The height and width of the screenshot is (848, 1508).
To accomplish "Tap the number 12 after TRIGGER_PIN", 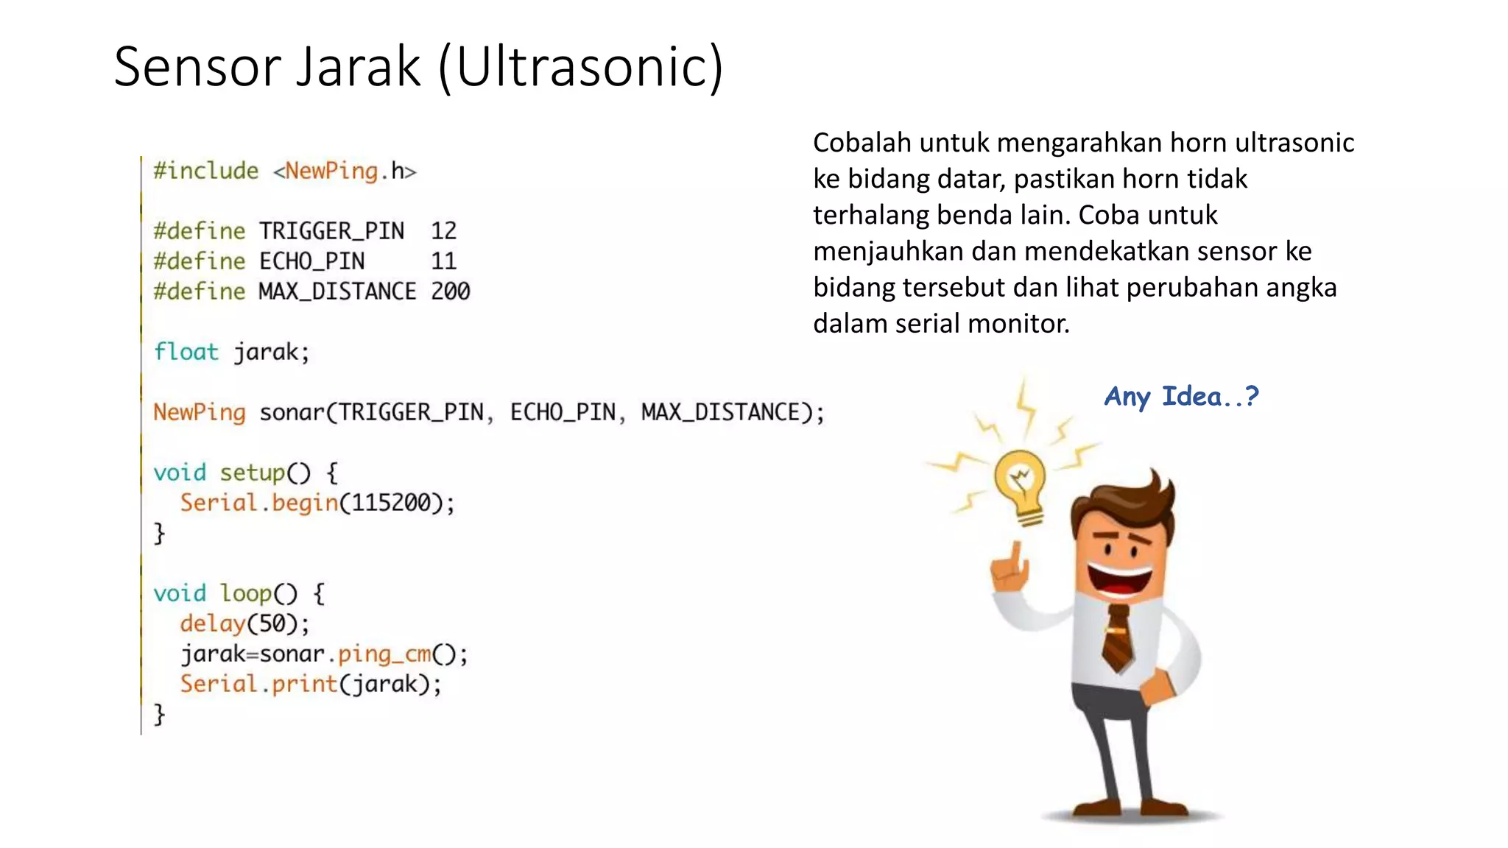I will click(x=443, y=231).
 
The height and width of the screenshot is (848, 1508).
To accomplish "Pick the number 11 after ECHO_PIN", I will click(x=443, y=261).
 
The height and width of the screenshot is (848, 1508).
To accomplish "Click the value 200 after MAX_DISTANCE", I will click(x=450, y=291).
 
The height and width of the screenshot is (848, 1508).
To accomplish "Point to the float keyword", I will click(x=186, y=352).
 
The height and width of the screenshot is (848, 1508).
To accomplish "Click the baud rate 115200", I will click(x=390, y=503).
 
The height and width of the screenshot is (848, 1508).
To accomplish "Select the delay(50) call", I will click(x=243, y=623).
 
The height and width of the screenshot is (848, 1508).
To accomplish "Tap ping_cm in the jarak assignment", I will click(x=384, y=654).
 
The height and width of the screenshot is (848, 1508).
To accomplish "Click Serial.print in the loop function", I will click(x=258, y=684).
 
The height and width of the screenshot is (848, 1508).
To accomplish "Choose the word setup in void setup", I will click(x=252, y=473).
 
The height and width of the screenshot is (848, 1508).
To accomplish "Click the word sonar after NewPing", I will click(x=292, y=412).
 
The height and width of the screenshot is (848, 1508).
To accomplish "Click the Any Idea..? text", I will click(x=1181, y=397).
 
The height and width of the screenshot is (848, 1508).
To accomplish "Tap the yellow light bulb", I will click(x=1020, y=483).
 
